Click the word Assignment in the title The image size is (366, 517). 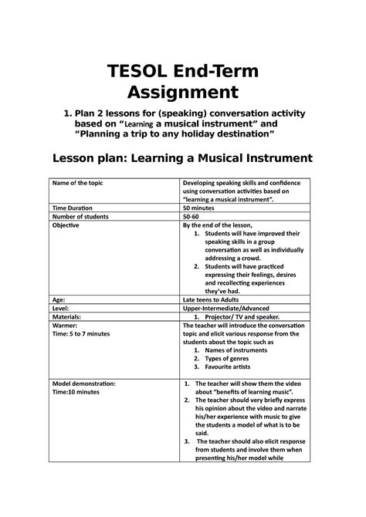pos(183,94)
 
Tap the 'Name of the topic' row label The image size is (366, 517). pos(81,183)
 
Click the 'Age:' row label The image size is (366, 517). pos(59,298)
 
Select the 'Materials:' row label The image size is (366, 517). pos(67,316)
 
